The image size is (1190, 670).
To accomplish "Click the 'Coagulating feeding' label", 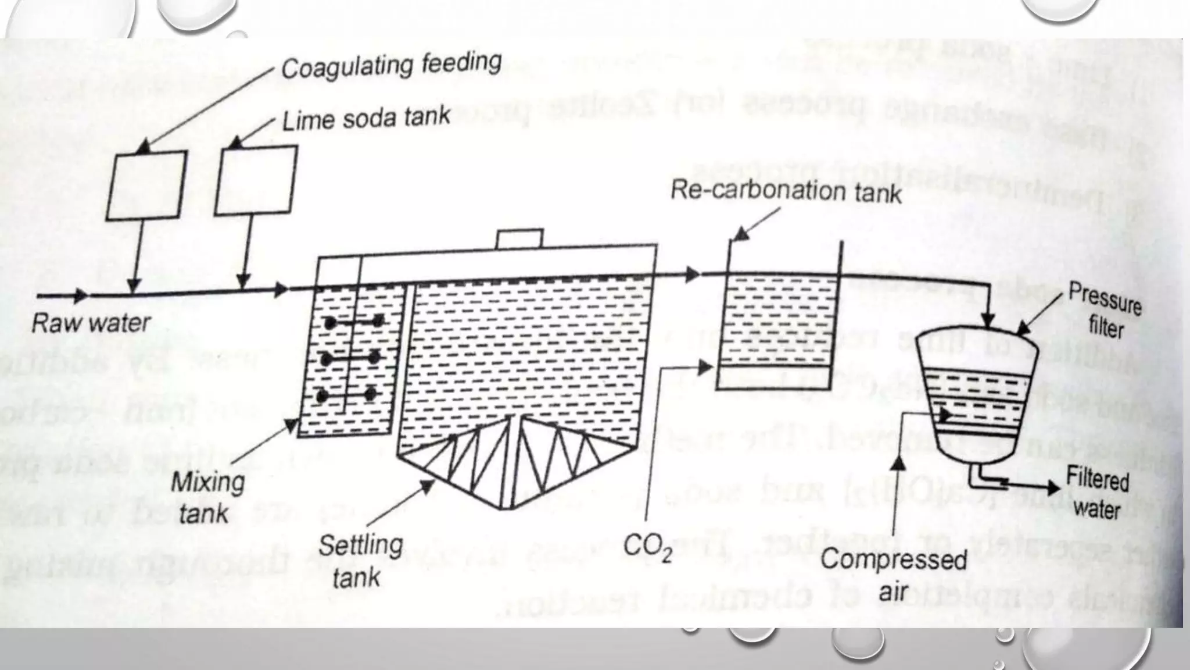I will click(x=390, y=65).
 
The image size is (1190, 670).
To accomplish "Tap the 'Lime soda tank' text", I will click(x=365, y=119).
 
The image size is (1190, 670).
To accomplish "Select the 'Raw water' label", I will click(x=91, y=323).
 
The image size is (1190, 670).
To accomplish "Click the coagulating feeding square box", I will click(x=146, y=185).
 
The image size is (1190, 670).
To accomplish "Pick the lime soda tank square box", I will click(x=256, y=180).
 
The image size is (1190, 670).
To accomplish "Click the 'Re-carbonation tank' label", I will click(x=786, y=191).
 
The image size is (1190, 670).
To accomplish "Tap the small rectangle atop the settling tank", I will click(x=519, y=238).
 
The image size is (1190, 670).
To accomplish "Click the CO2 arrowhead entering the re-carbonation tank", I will click(x=705, y=368).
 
